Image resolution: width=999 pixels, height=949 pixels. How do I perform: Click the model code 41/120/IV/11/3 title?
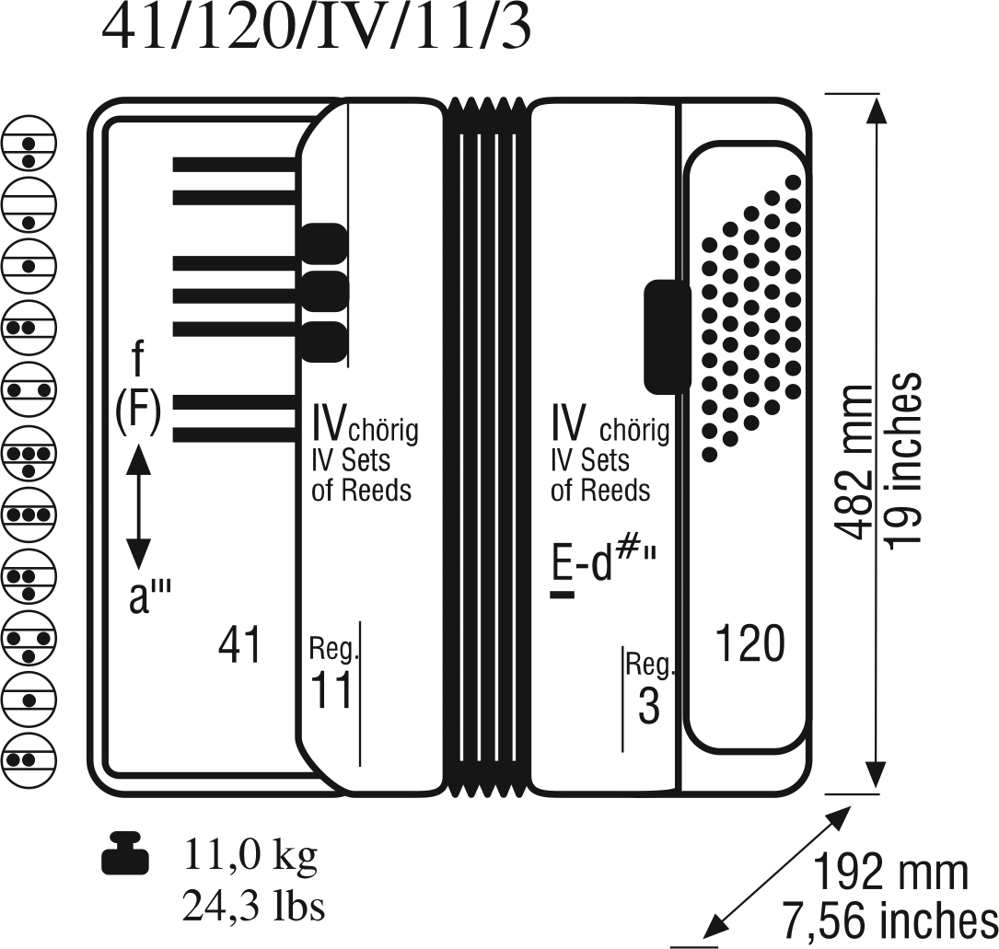pyautogui.click(x=316, y=29)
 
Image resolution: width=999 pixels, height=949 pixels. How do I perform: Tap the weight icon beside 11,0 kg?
pyautogui.click(x=125, y=853)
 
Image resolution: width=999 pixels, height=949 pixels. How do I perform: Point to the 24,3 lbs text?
pyautogui.click(x=253, y=907)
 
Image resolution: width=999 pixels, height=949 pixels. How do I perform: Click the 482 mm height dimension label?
pyautogui.click(x=854, y=462)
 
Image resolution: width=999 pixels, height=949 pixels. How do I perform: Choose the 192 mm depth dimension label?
pyautogui.click(x=891, y=873)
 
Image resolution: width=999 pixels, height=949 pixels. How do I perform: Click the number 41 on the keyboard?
pyautogui.click(x=240, y=644)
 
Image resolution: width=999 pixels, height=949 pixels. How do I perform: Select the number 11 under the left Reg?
pyautogui.click(x=331, y=690)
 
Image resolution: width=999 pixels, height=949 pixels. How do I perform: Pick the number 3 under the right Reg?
pyautogui.click(x=648, y=706)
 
